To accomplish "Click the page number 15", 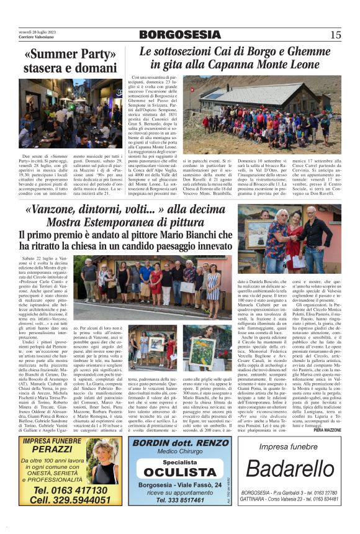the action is pos(335,35).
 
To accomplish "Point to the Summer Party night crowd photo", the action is pos(71,113).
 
